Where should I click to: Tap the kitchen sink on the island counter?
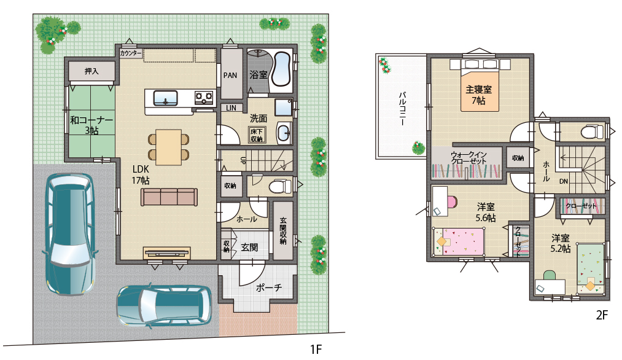tap(165, 97)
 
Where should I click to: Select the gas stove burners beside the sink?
tap(204, 97)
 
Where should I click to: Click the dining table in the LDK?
tap(168, 147)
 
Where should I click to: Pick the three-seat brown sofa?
tap(169, 197)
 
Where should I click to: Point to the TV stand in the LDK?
tap(166, 253)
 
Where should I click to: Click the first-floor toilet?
tap(279, 186)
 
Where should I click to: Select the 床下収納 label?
tap(257, 135)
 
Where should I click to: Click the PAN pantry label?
tap(230, 76)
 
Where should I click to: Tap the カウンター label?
tap(131, 53)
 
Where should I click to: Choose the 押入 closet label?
tap(91, 71)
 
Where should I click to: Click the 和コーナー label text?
tap(91, 120)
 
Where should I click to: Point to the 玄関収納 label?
tap(283, 230)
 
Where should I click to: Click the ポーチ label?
tap(268, 287)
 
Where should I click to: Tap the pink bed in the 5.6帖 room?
tap(459, 241)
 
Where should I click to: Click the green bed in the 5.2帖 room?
tap(591, 268)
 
